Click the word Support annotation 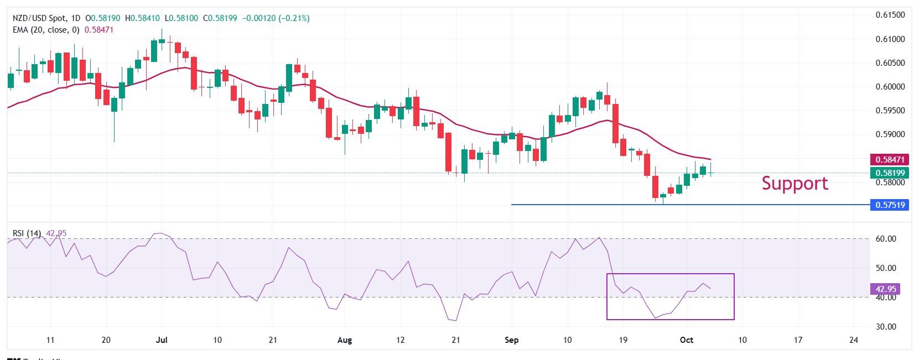[x=795, y=183]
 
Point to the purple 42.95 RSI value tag [x=886, y=289]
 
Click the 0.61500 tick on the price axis [x=890, y=15]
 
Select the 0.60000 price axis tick [x=890, y=87]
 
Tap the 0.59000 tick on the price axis [x=890, y=134]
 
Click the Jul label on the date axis [x=162, y=340]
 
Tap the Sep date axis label [x=512, y=340]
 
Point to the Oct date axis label [x=686, y=340]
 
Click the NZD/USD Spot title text [x=41, y=18]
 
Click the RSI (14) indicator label [x=27, y=233]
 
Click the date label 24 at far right [x=853, y=340]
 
